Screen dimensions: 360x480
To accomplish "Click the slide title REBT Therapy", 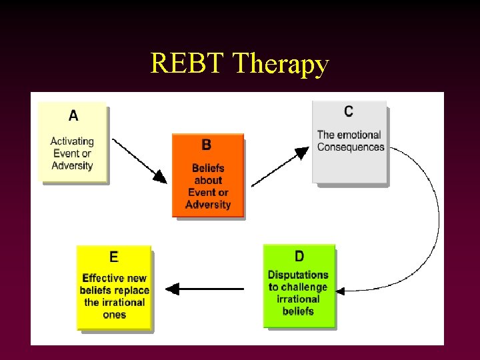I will click(239, 64).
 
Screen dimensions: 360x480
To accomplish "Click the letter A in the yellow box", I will click(73, 115).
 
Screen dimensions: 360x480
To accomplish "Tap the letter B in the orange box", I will click(207, 145).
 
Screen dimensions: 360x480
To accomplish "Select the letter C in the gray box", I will click(349, 111).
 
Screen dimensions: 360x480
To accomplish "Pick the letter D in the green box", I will click(299, 257).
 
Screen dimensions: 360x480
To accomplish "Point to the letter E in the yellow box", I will click(114, 257).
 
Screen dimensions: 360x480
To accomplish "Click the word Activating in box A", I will click(72, 141).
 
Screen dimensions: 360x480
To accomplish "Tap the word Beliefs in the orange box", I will click(208, 168).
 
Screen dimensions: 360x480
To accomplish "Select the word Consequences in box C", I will click(351, 147).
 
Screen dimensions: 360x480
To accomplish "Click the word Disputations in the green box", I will click(298, 275).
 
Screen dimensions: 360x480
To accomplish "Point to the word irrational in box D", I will click(298, 299).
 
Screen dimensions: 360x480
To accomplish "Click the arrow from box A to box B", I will click(140, 161).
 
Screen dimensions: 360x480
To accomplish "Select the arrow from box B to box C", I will click(280, 167).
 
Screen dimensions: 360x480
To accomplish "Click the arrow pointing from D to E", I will click(203, 289).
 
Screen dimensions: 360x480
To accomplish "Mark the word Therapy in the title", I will click(281, 64).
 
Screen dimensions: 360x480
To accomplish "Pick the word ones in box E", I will click(114, 315).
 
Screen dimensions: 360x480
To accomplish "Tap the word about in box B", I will click(208, 180).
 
